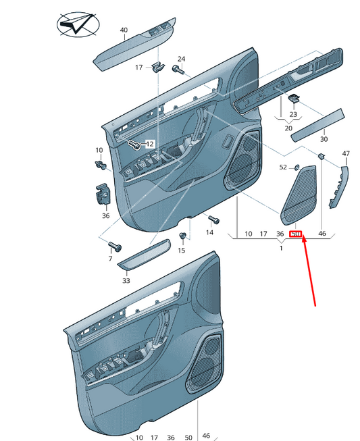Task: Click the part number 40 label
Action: pos(124,30)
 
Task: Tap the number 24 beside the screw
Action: pos(181,59)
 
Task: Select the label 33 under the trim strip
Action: pos(126,280)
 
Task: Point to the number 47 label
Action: pos(346,154)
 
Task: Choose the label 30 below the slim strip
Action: pos(324,139)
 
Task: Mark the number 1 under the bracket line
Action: pos(281,249)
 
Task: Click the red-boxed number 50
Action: pos(295,234)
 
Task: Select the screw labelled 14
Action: pos(213,219)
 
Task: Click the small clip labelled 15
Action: pos(182,235)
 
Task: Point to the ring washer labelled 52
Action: pos(297,167)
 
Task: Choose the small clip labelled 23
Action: pos(294,98)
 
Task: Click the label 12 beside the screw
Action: pos(149,144)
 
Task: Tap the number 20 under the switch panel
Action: pos(288,128)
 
